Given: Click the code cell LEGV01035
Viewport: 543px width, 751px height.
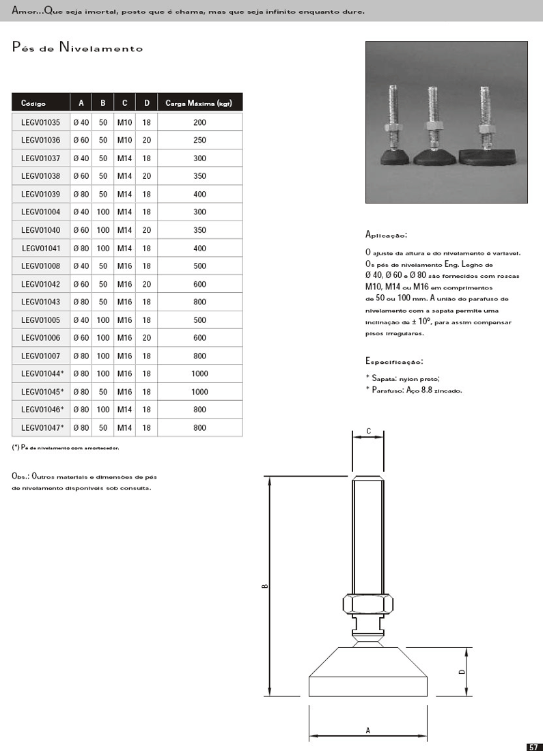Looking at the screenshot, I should (41, 123).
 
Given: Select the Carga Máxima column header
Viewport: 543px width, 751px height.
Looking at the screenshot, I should (199, 104).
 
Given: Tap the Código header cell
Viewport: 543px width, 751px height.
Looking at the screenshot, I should (33, 104).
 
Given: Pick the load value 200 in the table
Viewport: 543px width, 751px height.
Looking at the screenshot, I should (199, 123).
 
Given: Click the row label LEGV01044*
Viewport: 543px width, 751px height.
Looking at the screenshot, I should (42, 374).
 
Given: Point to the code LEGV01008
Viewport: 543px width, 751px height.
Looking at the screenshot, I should (41, 266).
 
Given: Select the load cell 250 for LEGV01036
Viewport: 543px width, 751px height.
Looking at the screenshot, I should (199, 141).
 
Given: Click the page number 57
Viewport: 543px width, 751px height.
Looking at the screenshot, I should (533, 746).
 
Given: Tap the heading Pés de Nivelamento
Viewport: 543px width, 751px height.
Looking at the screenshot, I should (77, 48).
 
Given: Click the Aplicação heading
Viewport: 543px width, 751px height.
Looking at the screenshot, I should (386, 235).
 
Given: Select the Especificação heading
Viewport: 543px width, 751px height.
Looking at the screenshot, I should (394, 361).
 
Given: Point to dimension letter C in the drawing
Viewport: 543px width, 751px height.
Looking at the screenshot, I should (368, 431).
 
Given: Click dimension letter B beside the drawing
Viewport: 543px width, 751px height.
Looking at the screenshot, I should (264, 585).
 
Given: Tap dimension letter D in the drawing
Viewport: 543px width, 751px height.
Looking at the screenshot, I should (462, 672).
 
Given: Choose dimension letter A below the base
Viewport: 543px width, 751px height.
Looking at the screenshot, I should (367, 731).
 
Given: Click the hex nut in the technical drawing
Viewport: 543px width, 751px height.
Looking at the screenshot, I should (367, 604).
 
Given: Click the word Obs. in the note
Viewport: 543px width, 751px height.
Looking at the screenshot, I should (20, 477).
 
